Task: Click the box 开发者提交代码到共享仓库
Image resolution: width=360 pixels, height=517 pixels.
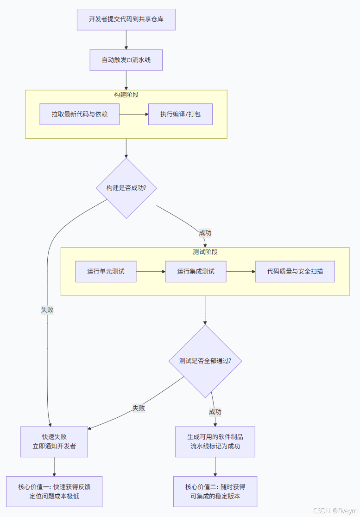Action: tap(126, 19)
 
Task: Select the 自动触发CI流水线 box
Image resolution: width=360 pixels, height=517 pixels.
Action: tap(126, 60)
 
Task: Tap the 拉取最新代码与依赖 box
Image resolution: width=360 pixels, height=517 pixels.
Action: tap(80, 114)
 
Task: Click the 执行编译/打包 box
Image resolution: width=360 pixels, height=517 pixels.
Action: tap(180, 114)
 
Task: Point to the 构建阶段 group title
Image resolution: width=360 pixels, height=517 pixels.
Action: tap(126, 95)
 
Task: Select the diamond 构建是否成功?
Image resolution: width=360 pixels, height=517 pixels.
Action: tap(126, 188)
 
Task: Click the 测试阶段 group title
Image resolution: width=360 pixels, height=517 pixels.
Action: tap(205, 252)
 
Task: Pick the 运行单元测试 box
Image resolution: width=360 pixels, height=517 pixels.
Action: tap(106, 271)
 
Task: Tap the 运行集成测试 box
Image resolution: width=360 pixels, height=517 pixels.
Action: tap(196, 271)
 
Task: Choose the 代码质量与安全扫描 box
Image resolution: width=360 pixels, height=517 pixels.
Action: tap(295, 271)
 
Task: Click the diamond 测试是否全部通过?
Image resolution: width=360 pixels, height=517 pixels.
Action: tap(205, 361)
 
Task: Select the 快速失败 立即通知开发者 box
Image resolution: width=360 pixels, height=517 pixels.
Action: tap(54, 441)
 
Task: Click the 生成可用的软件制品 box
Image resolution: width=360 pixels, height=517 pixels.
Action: tap(215, 441)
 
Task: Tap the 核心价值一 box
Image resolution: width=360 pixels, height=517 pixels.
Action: tap(54, 491)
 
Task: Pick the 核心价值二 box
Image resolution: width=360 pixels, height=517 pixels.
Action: tap(215, 491)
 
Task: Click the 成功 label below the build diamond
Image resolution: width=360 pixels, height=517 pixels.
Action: tap(205, 233)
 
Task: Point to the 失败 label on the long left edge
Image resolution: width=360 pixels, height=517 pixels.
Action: tap(47, 310)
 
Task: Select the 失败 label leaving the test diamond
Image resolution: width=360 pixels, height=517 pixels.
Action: tap(139, 408)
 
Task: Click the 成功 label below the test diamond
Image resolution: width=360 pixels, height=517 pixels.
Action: tap(215, 412)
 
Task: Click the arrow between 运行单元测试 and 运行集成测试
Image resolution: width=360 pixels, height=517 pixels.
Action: tap(151, 271)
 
